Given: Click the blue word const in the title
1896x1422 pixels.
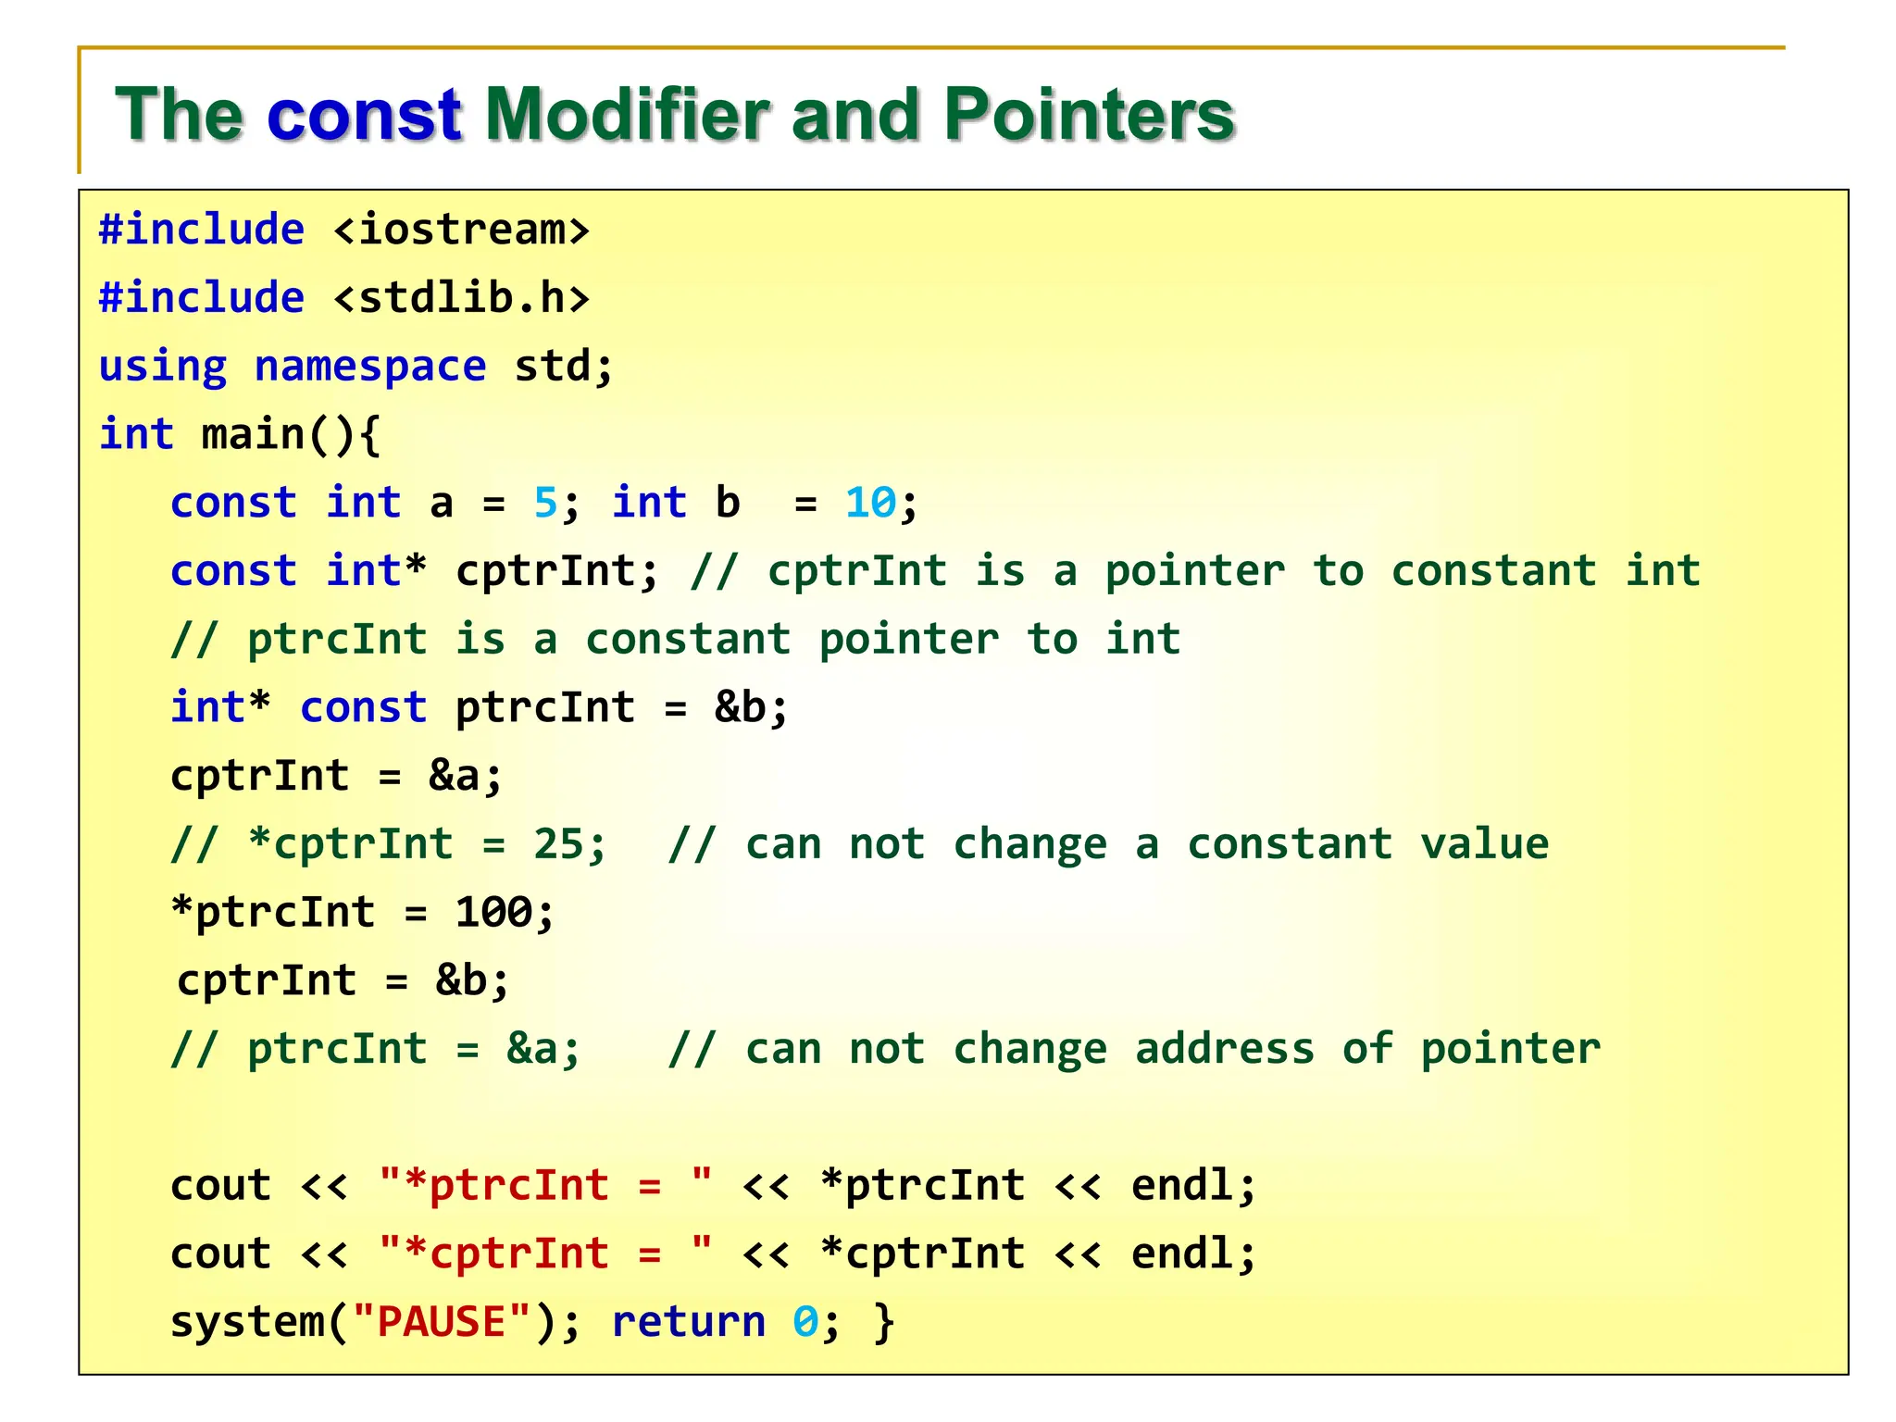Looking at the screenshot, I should click(364, 115).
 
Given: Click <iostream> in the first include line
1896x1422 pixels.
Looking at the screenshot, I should click(461, 230).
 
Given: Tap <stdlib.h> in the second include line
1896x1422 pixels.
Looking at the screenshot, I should click(461, 298).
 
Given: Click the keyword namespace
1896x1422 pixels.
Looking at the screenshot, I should click(369, 367).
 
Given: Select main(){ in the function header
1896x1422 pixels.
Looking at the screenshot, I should click(291, 435).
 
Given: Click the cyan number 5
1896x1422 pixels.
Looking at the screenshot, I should click(545, 504).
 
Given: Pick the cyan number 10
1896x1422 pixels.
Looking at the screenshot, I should click(870, 504).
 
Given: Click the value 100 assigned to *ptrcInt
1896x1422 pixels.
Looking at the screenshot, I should click(493, 913).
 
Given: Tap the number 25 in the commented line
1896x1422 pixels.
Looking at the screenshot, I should click(558, 844).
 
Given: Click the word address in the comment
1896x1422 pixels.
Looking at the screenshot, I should click(1224, 1049).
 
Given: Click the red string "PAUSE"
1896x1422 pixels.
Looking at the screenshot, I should click(442, 1322).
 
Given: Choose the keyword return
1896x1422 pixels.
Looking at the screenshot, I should click(689, 1322).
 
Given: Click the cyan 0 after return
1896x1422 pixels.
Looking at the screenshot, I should click(805, 1322).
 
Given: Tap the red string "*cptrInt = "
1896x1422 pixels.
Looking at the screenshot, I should click(545, 1254).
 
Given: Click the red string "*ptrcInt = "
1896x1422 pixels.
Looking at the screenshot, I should click(545, 1185).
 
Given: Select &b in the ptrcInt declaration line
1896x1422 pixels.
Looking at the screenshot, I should click(740, 708).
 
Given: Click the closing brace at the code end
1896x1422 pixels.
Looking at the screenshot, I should click(884, 1322).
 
